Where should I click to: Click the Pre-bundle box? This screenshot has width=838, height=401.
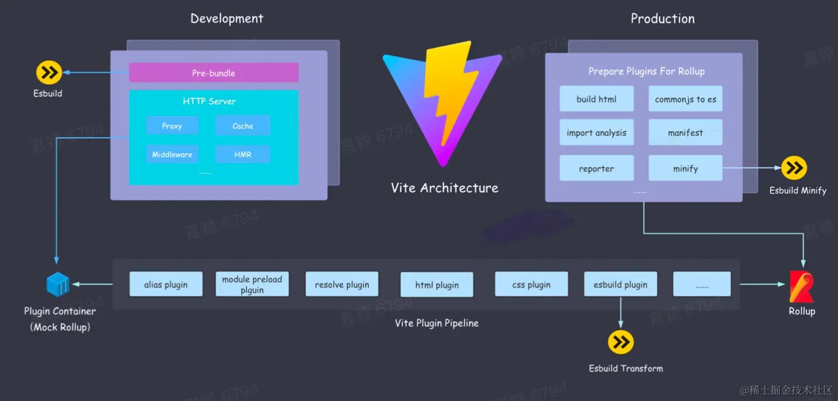[214, 73]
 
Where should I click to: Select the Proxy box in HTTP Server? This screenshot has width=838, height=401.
[172, 125]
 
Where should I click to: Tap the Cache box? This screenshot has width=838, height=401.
[242, 125]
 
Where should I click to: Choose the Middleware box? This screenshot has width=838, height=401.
[172, 154]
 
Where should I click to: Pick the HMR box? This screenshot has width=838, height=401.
[242, 154]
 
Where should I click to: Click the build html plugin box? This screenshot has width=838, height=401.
[596, 99]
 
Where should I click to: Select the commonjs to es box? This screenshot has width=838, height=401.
[685, 99]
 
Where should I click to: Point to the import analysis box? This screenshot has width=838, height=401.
[596, 133]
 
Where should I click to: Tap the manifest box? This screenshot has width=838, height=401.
[685, 133]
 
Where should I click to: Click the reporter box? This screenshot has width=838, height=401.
[596, 169]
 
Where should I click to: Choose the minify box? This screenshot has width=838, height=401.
[685, 169]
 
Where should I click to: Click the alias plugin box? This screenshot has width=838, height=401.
[166, 285]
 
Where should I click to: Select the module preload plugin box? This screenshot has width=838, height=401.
[252, 285]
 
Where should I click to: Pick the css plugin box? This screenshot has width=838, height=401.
[531, 285]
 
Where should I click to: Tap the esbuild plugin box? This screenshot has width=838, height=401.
[620, 285]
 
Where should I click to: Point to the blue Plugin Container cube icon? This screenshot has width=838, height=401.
[58, 285]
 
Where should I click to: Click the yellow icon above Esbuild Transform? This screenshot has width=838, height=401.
[620, 342]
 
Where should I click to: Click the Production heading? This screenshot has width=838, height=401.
[662, 19]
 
